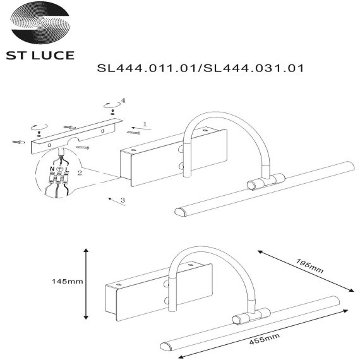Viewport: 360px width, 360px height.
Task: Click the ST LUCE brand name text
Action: click(x=40, y=56)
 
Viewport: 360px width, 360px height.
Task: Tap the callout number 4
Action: click(x=123, y=100)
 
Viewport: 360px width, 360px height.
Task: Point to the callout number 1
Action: click(x=144, y=124)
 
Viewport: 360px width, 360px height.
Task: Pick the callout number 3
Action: click(x=122, y=200)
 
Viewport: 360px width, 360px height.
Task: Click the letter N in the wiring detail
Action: click(x=52, y=170)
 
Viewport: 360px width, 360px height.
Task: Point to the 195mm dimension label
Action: click(x=310, y=265)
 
